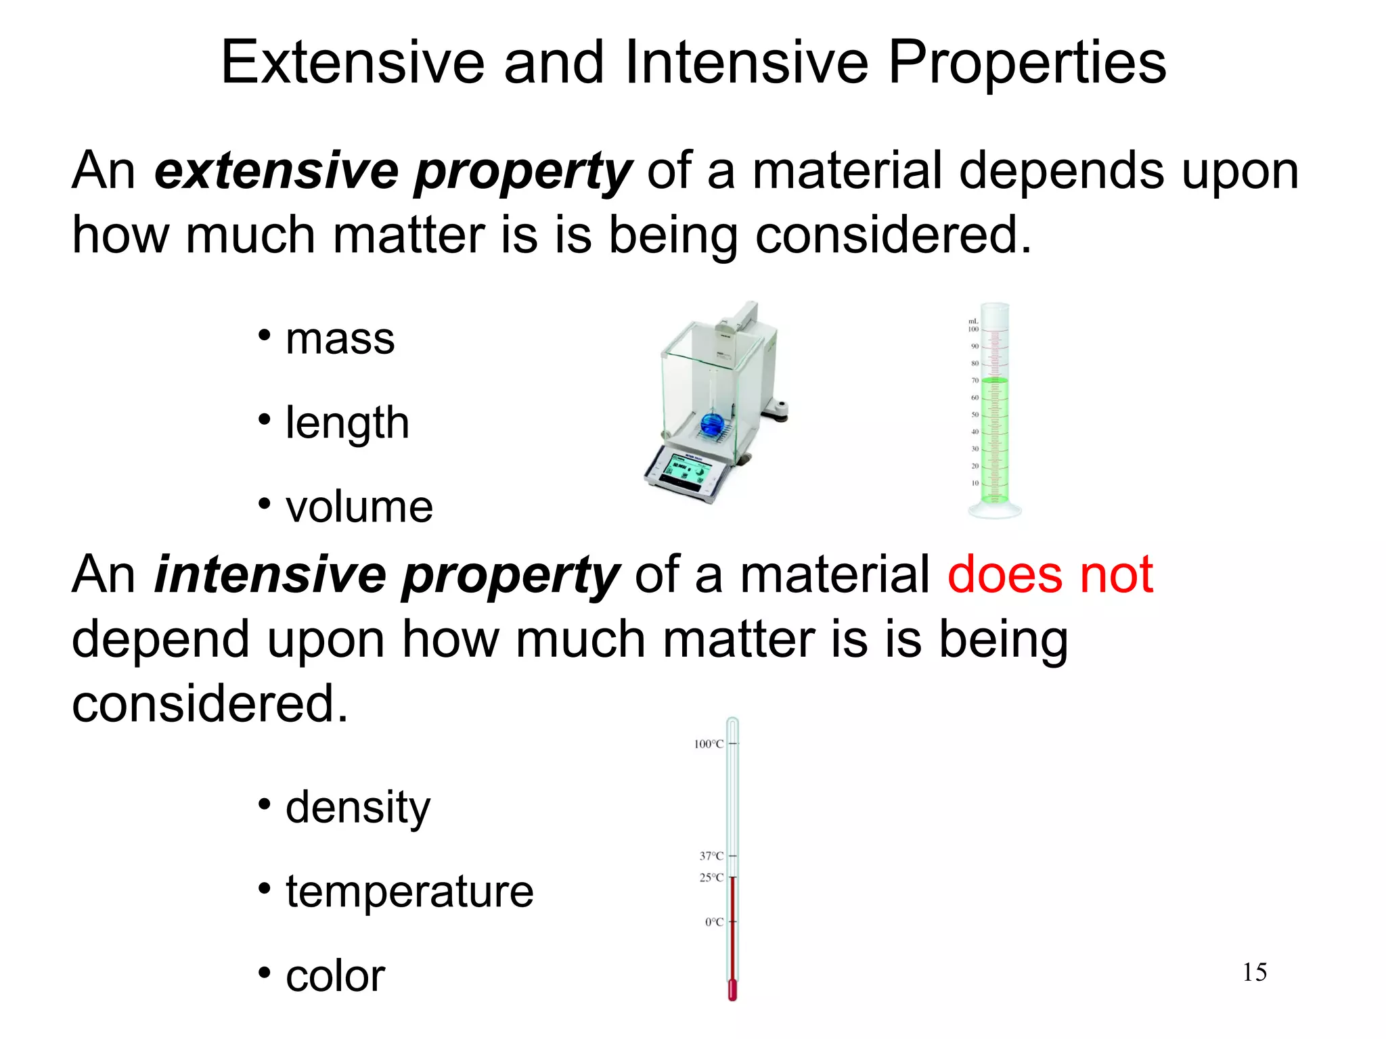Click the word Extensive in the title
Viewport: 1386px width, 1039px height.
click(x=353, y=62)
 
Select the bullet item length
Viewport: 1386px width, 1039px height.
click(x=347, y=423)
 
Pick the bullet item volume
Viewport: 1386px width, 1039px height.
click(x=359, y=507)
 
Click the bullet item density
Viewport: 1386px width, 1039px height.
click(x=357, y=807)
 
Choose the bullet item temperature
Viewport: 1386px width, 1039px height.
click(x=409, y=891)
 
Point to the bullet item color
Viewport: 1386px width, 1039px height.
click(x=335, y=975)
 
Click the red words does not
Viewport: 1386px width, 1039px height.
click(x=1050, y=574)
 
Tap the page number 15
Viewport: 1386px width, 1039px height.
click(x=1254, y=972)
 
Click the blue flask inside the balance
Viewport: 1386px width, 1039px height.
click(x=712, y=424)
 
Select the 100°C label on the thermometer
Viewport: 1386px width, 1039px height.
click(x=709, y=744)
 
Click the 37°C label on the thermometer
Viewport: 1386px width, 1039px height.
click(x=711, y=856)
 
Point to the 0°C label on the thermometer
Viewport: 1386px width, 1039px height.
click(x=714, y=922)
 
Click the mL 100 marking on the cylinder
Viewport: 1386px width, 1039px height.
click(x=973, y=325)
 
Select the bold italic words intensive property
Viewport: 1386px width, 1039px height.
click(x=386, y=574)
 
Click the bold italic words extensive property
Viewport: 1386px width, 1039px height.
click(x=393, y=170)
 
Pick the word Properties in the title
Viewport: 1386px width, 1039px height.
click(x=1027, y=62)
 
